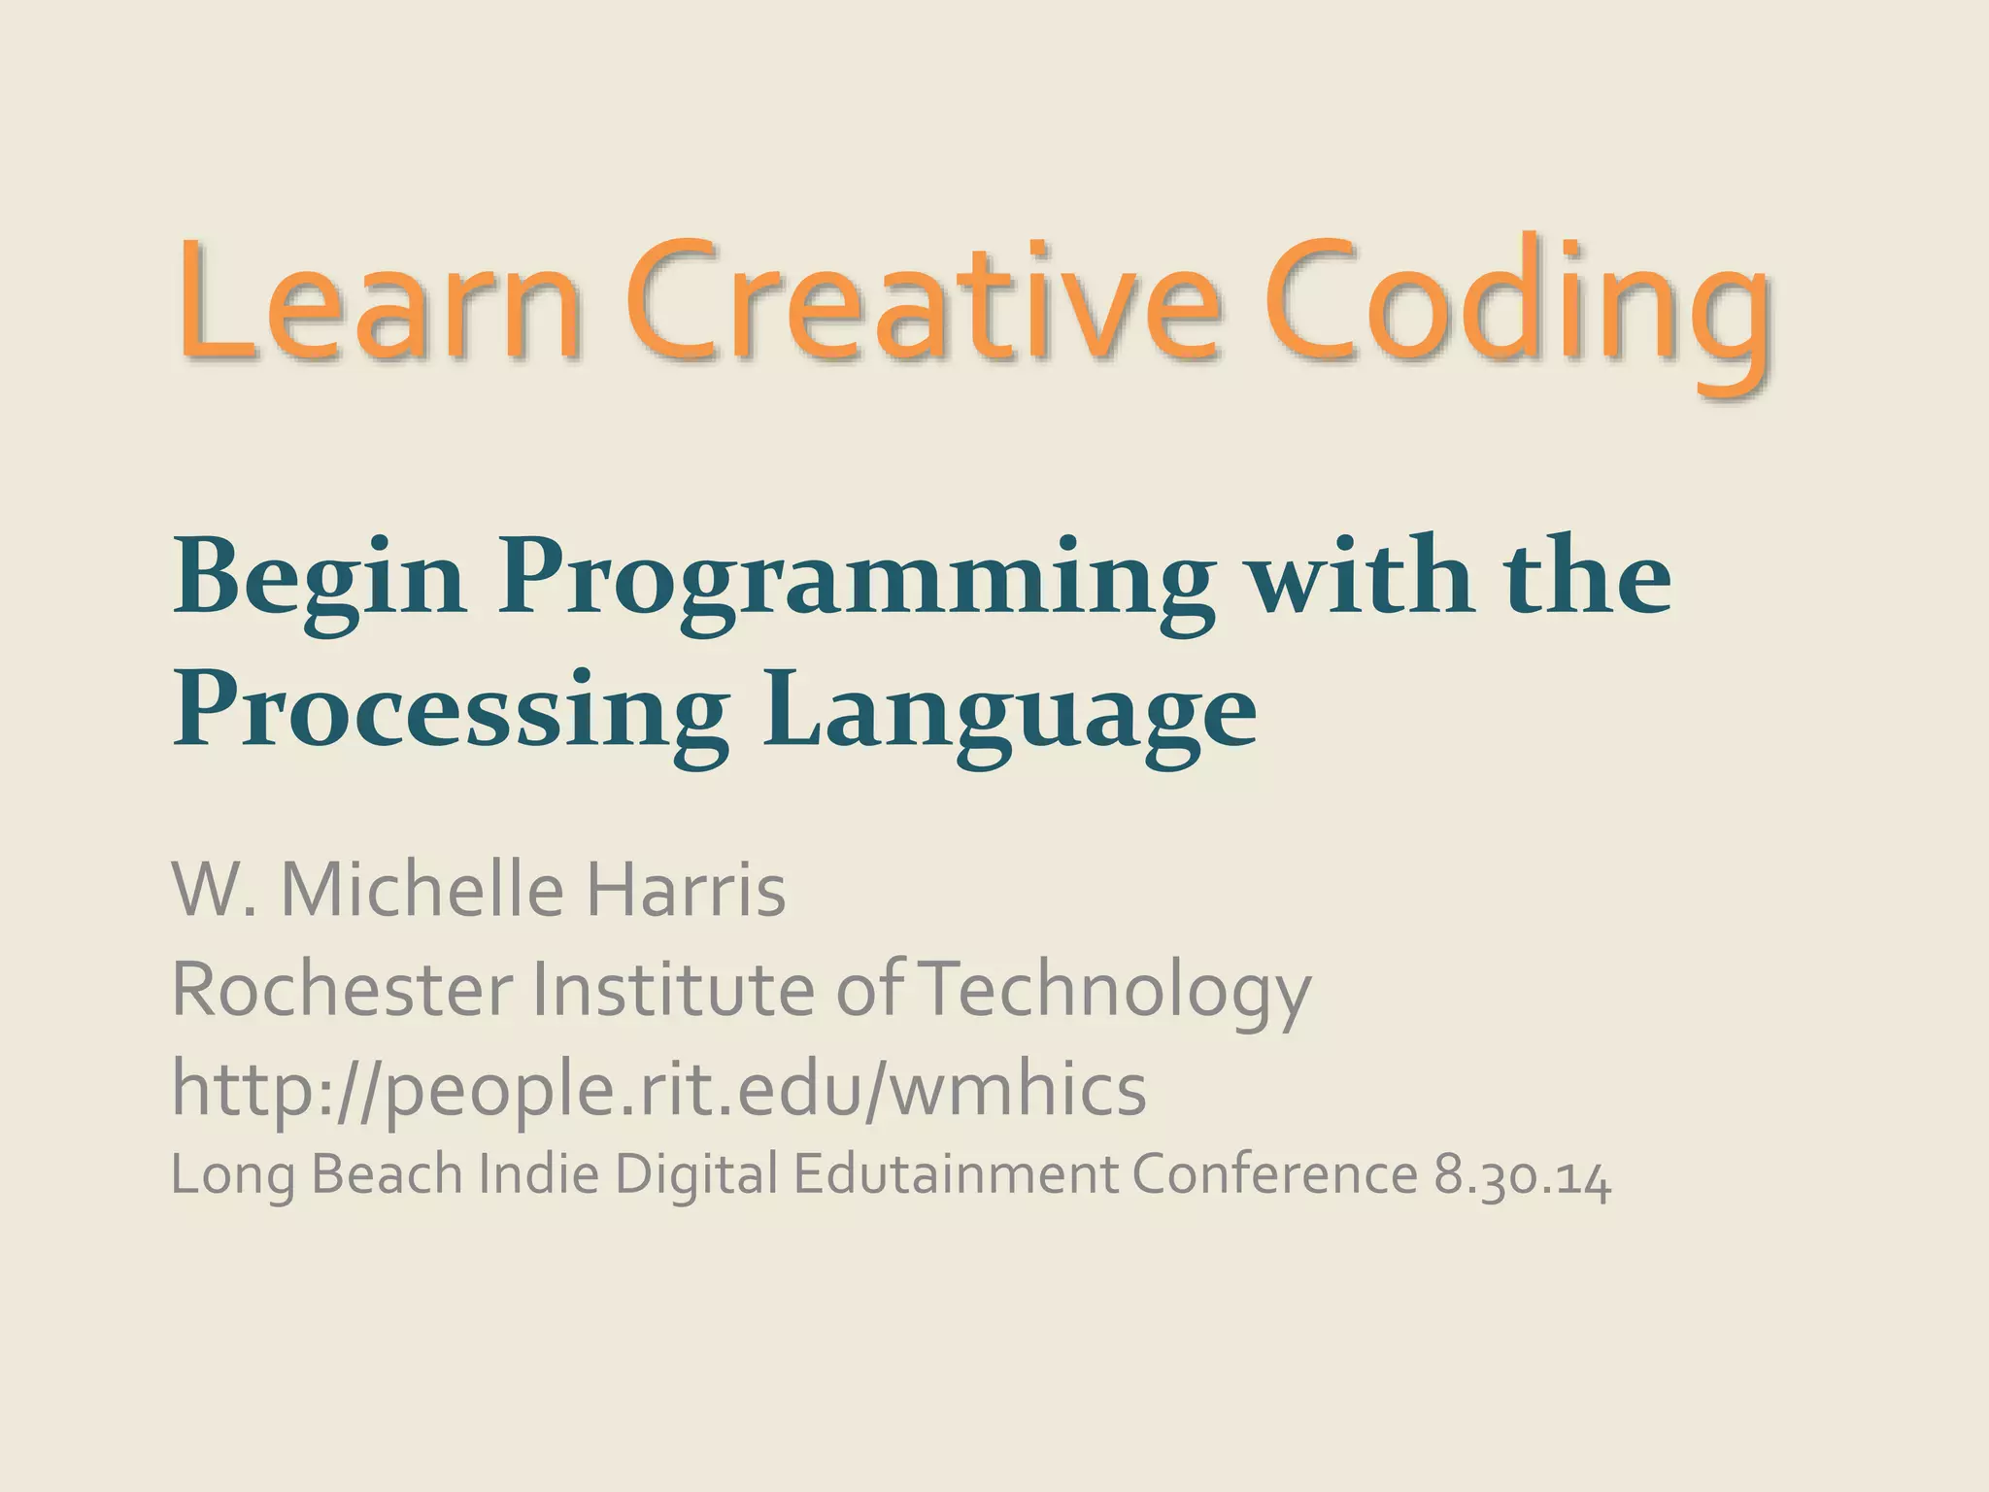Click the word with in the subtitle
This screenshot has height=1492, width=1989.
coord(1361,579)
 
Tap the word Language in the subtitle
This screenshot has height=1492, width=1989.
coord(1009,714)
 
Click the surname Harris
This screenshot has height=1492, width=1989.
coord(685,890)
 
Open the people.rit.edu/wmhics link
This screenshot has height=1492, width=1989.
coord(658,1090)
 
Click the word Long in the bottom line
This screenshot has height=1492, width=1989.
coord(233,1175)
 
